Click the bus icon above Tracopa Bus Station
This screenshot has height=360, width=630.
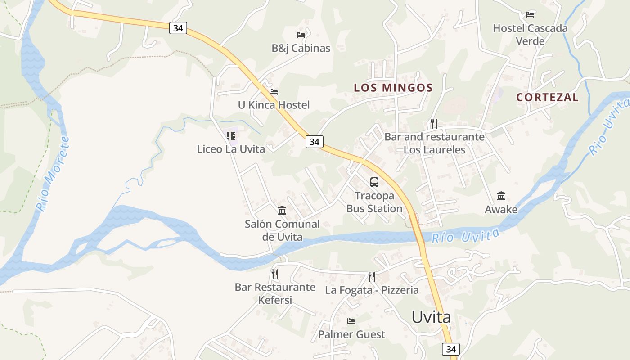click(374, 182)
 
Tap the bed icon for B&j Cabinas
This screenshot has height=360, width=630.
click(301, 35)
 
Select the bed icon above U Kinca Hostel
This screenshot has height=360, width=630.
click(274, 92)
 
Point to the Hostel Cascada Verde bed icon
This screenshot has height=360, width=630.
click(530, 15)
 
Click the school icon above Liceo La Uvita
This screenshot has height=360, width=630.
click(231, 135)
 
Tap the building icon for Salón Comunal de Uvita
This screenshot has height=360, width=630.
click(282, 210)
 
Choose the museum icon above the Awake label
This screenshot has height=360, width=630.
click(501, 196)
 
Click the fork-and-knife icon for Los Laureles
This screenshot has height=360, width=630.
click(434, 123)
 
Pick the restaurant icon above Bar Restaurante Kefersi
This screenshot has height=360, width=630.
click(275, 274)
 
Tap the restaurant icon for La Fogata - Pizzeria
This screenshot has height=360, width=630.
click(372, 276)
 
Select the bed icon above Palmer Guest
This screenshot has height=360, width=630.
click(351, 321)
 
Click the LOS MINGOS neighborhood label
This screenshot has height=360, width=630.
click(393, 88)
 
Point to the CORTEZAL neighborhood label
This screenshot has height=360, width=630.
click(547, 97)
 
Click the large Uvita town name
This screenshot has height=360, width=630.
click(431, 317)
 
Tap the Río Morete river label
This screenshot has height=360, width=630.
click(53, 174)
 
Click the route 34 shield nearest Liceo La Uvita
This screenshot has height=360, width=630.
click(314, 142)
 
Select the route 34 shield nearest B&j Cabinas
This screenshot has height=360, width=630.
click(178, 28)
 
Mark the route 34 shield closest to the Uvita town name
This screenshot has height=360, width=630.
click(451, 349)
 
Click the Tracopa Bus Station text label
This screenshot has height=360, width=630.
click(374, 202)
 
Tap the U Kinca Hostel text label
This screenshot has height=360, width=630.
click(274, 105)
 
